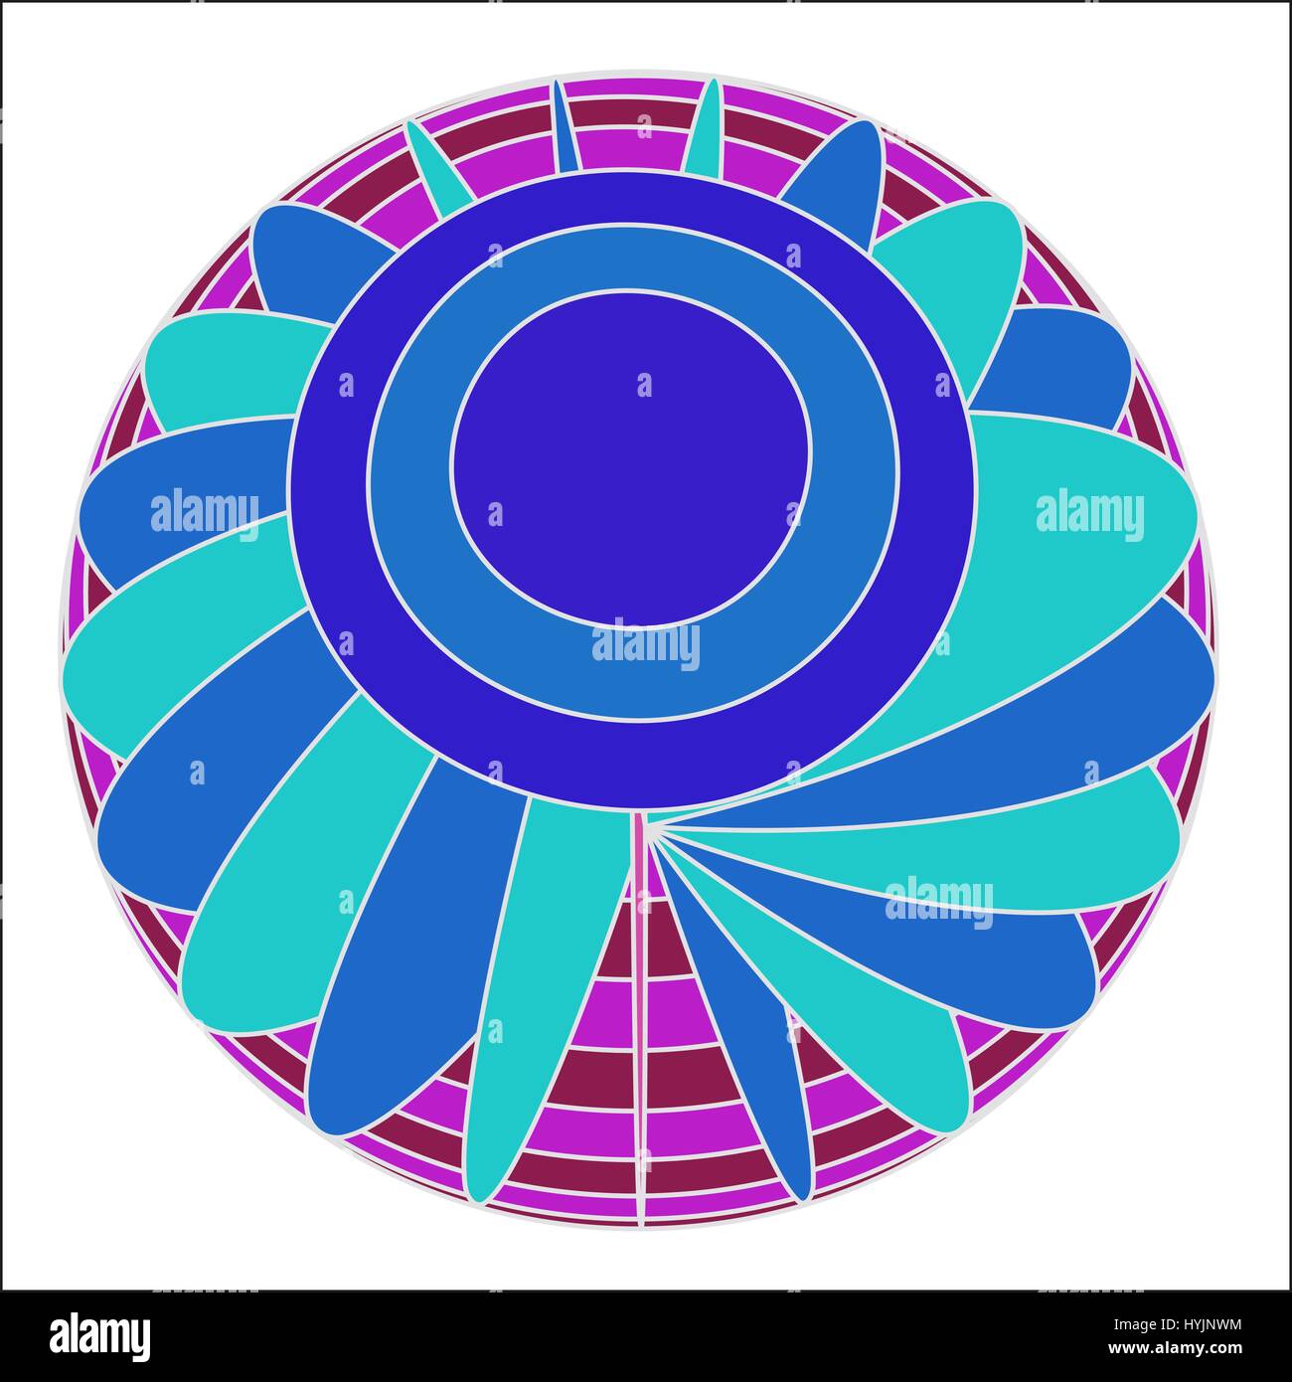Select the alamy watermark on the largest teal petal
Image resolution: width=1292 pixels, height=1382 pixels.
1089,515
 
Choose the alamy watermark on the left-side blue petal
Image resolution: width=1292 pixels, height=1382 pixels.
205,514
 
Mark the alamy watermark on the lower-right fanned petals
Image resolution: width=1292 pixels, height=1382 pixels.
938,903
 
